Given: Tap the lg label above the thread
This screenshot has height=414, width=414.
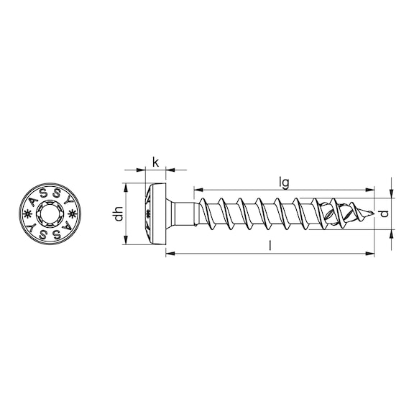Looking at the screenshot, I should click(285, 183).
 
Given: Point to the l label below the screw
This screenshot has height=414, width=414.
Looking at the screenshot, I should click(270, 246).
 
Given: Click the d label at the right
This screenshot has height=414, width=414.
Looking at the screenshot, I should click(385, 214).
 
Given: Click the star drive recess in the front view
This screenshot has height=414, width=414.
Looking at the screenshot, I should click(52, 214).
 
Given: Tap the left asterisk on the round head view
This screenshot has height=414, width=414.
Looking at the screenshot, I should click(29, 214).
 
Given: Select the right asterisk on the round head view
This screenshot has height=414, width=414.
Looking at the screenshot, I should click(74, 214).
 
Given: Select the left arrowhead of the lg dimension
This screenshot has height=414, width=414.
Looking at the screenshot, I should click(195, 190).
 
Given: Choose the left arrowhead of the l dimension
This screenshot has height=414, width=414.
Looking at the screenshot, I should click(168, 253).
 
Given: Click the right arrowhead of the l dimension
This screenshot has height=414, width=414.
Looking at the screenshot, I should click(372, 253).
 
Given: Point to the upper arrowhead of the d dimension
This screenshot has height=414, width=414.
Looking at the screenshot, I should click(392, 195).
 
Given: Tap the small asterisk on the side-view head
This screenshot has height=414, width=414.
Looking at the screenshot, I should click(149, 214).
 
